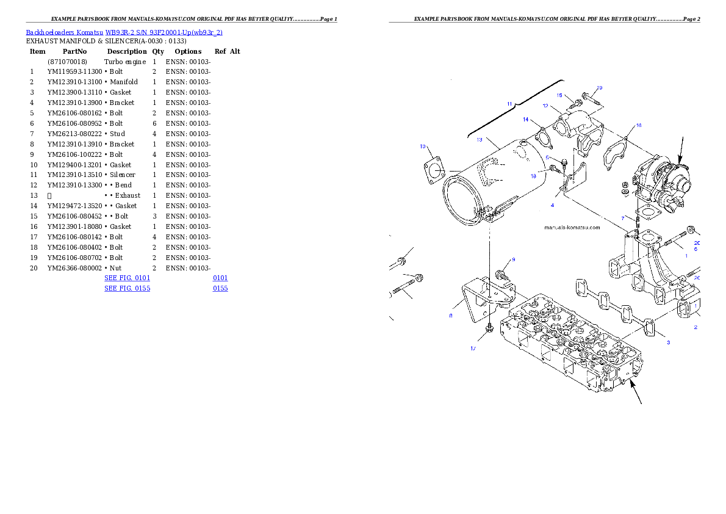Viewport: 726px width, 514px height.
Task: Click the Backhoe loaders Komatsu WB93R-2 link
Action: click(x=124, y=32)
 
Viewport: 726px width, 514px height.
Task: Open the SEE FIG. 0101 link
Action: click(x=127, y=278)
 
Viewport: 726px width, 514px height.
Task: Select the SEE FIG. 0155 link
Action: click(x=127, y=288)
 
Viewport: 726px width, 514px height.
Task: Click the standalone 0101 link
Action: click(x=220, y=278)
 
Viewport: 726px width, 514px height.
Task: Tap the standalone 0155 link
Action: click(x=220, y=288)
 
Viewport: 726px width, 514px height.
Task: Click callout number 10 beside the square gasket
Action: click(x=423, y=147)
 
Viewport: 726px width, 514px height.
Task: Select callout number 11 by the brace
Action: click(x=510, y=104)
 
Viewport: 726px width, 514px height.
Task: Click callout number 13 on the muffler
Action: click(x=480, y=140)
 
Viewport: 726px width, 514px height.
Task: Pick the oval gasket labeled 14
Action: click(x=540, y=135)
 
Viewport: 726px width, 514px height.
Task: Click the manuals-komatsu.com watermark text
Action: click(x=572, y=228)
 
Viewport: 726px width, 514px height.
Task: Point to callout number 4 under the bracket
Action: click(x=552, y=205)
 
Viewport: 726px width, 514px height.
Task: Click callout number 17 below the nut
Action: click(x=473, y=349)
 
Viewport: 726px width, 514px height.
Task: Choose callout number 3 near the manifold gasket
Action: click(x=668, y=342)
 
